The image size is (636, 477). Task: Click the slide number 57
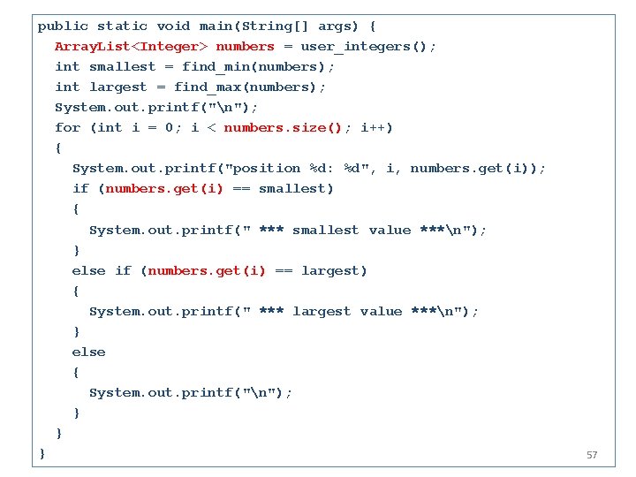[592, 455]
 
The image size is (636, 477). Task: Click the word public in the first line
[63, 26]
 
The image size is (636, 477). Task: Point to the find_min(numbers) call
[258, 66]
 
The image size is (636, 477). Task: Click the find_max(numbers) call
[249, 87]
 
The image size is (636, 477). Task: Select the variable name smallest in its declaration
[118, 66]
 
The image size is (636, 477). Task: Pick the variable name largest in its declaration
[118, 87]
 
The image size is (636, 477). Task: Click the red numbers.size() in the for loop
[283, 127]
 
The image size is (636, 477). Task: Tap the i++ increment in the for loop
[376, 127]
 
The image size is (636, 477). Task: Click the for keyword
[67, 127]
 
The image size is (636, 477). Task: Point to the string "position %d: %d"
[296, 168]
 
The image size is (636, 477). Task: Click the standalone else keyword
[88, 352]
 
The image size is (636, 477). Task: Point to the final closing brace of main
[42, 453]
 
